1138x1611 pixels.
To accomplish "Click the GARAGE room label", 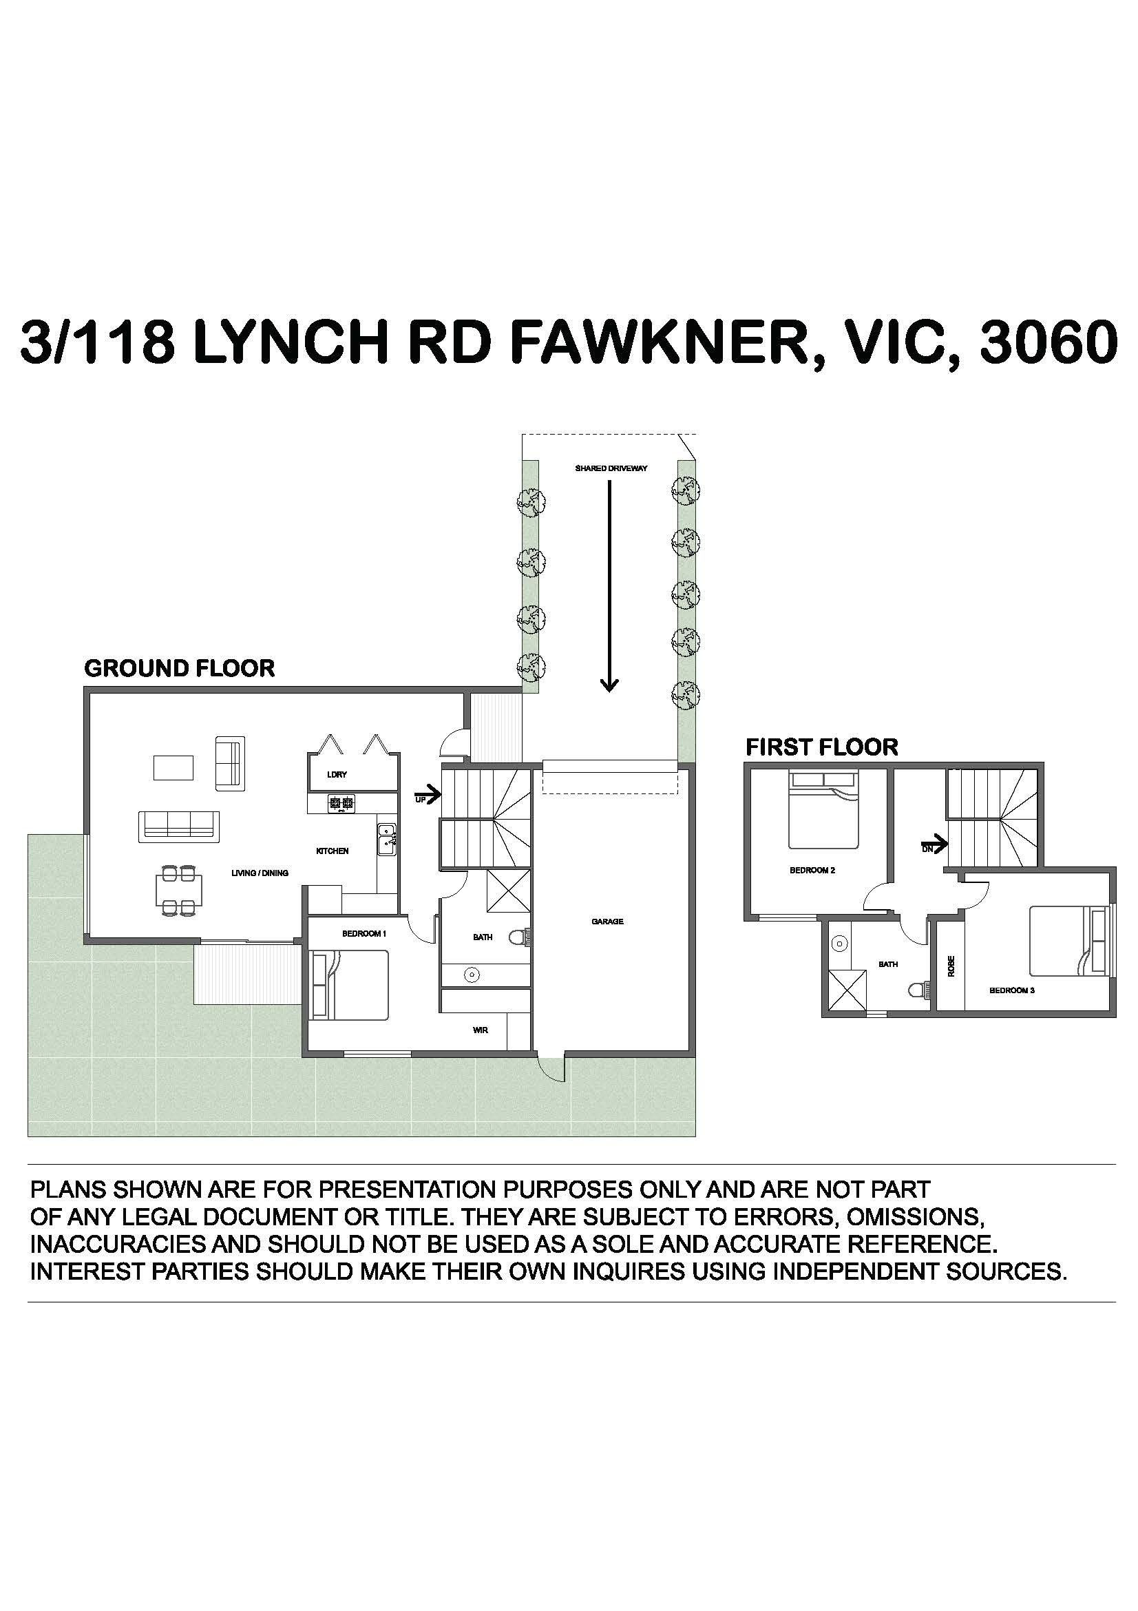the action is (607, 922).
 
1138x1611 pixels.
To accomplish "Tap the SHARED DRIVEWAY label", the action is (611, 468).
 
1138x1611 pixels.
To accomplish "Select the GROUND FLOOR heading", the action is (180, 668).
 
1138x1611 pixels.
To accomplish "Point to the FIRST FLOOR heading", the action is (822, 747).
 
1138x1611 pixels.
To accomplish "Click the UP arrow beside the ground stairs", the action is (430, 795).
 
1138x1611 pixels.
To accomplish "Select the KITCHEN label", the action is (333, 851).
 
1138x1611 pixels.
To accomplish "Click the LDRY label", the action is (337, 775).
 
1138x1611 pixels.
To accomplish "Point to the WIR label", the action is (481, 1030).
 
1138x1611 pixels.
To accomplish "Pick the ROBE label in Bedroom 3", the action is (951, 966).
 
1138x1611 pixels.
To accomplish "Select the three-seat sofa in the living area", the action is (179, 827).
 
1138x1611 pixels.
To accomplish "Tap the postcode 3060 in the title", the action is (1048, 342).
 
